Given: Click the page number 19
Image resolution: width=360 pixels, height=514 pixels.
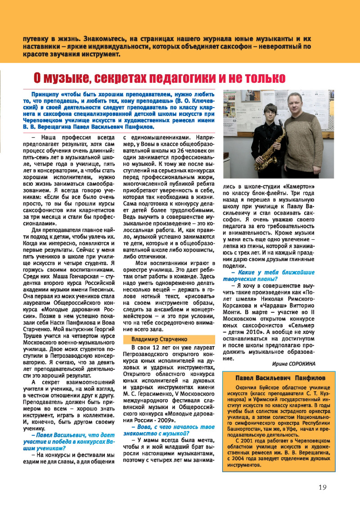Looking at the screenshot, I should pyautogui.click(x=322, y=487).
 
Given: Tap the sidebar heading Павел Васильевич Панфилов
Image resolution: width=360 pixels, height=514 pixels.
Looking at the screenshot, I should pyautogui.click(x=280, y=377).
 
